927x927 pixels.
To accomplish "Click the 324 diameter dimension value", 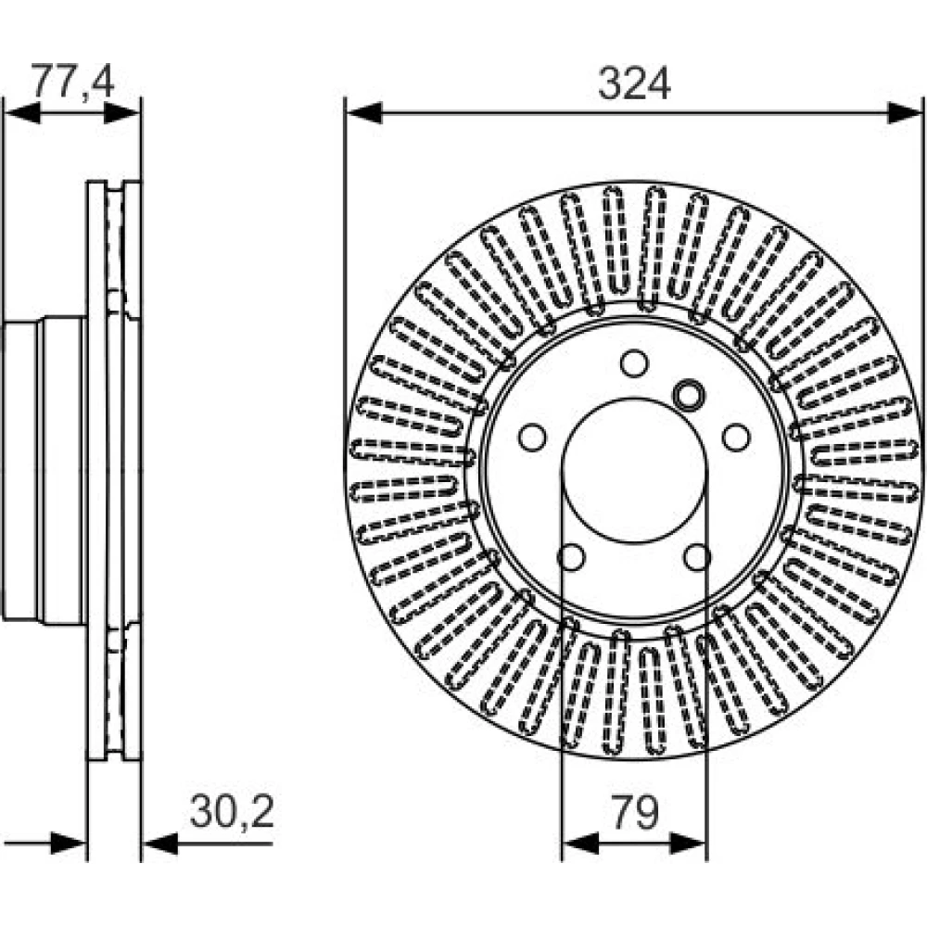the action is tap(633, 83).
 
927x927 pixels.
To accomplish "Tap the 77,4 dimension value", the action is tap(72, 81).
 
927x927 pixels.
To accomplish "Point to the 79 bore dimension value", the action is tap(634, 812).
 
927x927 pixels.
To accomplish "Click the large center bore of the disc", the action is tap(634, 470).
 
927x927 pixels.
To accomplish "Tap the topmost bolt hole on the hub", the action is tap(634, 363).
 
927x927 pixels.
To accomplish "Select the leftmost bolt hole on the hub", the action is tap(532, 437).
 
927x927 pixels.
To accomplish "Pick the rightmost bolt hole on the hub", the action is tap(736, 437).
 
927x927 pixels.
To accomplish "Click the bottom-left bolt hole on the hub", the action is tap(571, 557).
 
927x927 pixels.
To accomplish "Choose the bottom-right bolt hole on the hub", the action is tap(697, 557).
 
